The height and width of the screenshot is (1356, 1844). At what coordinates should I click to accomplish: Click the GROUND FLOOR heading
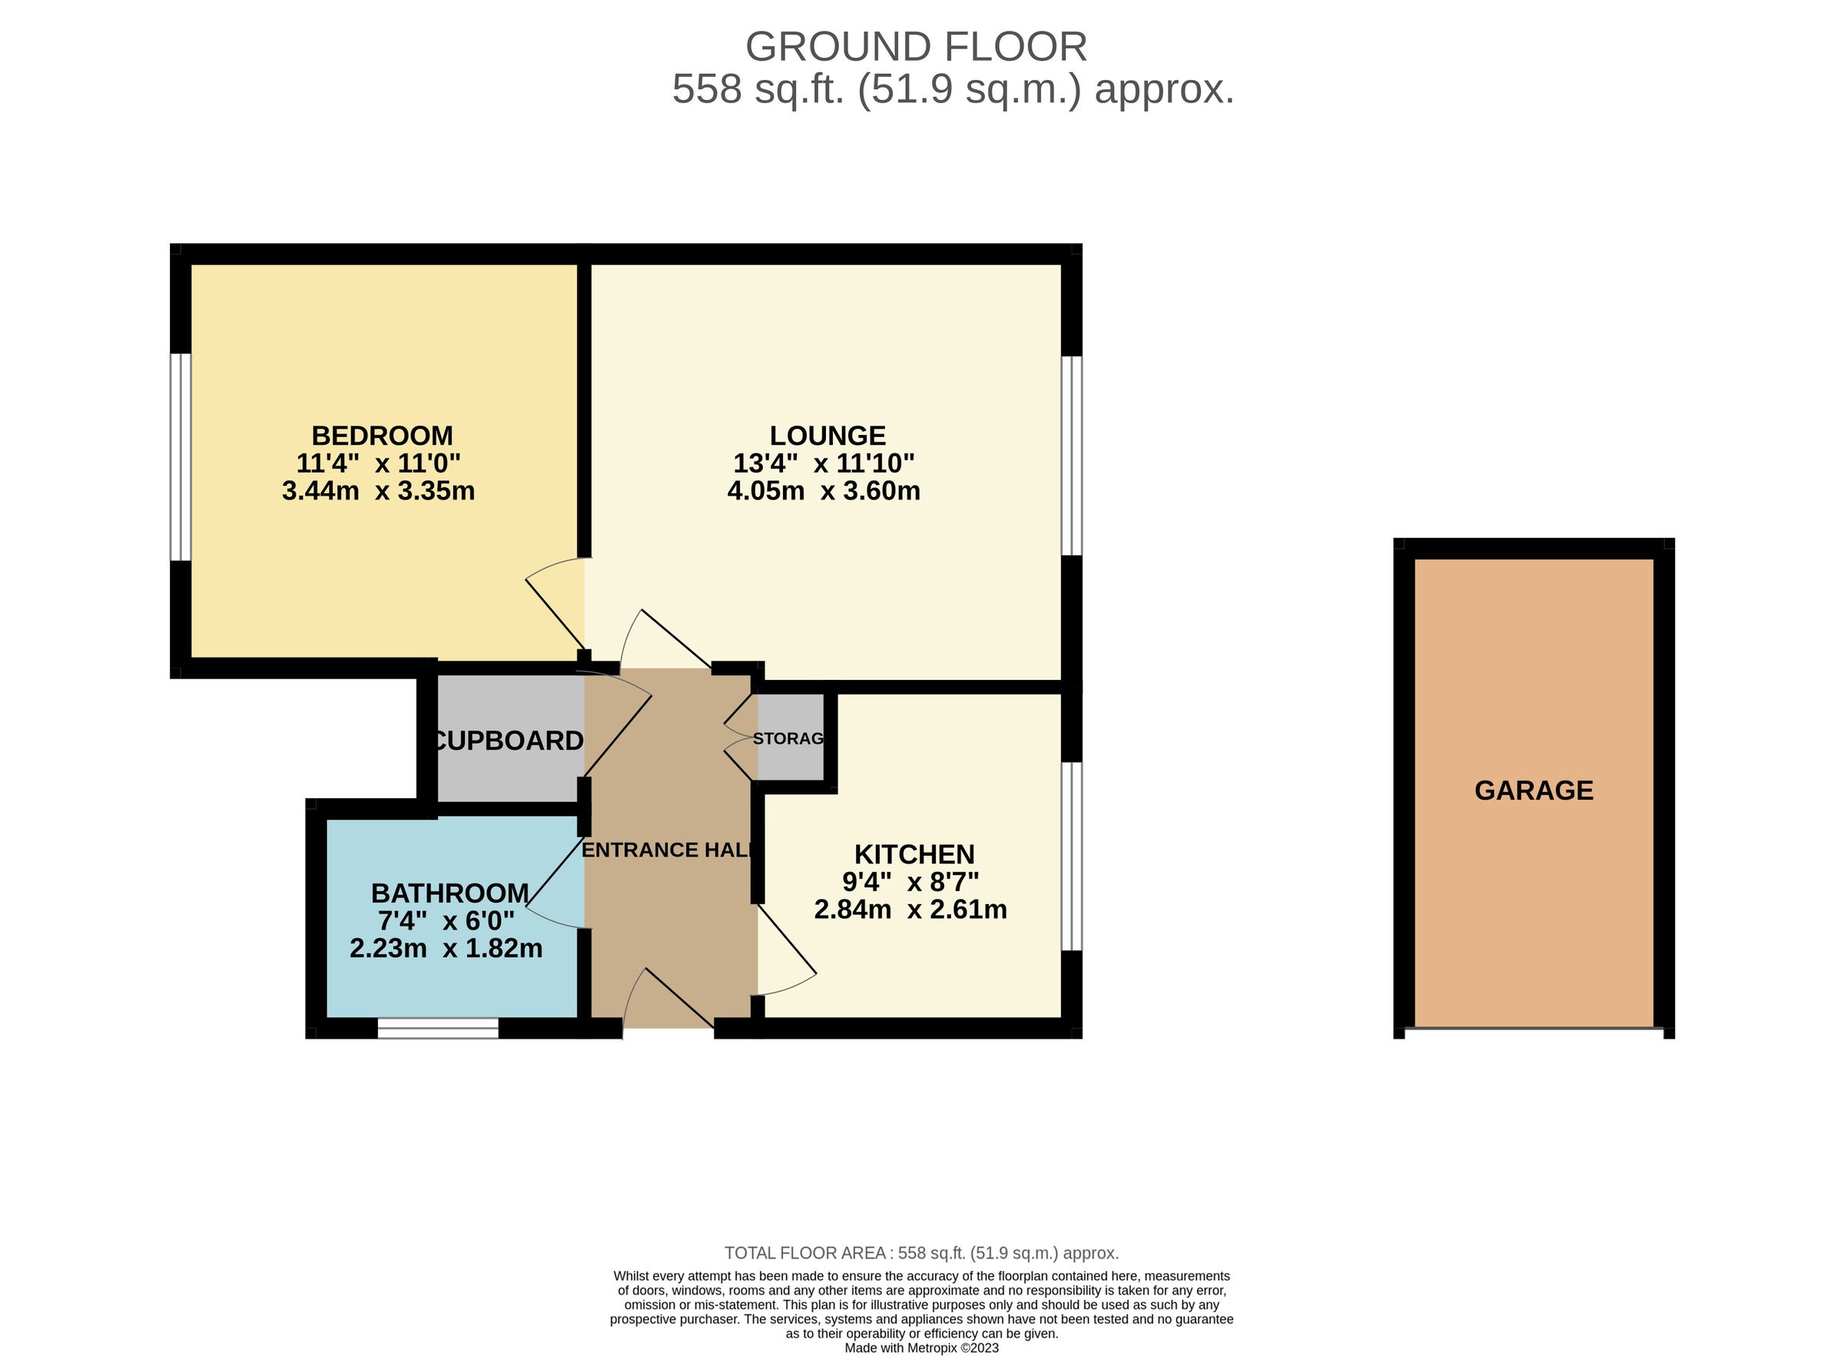(916, 47)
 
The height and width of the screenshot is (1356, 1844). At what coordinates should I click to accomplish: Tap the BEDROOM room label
(382, 435)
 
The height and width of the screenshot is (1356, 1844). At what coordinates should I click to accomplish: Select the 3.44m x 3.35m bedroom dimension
(377, 491)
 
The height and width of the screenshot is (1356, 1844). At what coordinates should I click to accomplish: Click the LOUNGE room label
(827, 435)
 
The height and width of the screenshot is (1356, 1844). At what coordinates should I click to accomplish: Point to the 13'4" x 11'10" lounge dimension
(823, 463)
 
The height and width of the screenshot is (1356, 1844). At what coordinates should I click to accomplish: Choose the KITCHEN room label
(914, 854)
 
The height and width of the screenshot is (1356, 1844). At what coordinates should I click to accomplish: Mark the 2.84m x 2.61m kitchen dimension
(910, 910)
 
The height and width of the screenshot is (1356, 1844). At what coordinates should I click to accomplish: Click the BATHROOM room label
(449, 892)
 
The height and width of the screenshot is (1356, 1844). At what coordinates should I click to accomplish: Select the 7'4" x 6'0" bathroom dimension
(446, 920)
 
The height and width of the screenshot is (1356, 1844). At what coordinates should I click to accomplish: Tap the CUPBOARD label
(507, 741)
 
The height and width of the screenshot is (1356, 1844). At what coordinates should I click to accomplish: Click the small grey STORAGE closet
(790, 737)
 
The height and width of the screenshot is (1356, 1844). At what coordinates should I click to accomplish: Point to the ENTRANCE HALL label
(666, 850)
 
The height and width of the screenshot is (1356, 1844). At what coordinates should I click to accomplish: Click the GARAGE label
(1533, 790)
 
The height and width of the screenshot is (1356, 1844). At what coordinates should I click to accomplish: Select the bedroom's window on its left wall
(181, 457)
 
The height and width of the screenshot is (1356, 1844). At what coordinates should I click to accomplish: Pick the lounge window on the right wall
(1071, 456)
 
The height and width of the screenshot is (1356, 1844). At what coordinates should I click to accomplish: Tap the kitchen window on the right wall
(1071, 856)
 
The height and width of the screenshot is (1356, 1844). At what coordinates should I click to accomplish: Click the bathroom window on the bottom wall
(437, 1029)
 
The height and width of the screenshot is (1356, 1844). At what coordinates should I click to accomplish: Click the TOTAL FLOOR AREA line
(920, 1253)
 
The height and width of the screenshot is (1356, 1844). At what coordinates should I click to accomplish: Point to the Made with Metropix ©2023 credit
(920, 1348)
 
